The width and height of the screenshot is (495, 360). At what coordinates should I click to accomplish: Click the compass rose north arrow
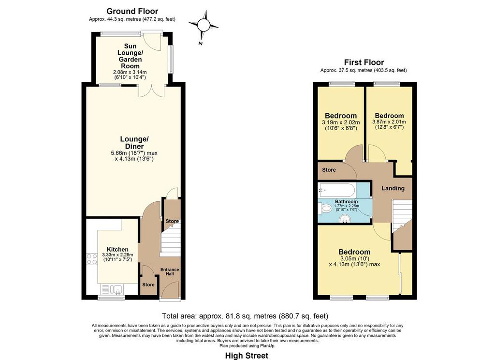coord(204,24)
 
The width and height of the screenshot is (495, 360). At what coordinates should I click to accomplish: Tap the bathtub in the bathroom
coord(337,190)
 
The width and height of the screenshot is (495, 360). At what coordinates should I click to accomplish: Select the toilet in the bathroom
coord(324,209)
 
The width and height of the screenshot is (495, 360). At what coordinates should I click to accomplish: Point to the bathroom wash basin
coord(346,219)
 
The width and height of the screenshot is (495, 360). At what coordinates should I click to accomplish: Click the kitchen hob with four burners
coord(92,259)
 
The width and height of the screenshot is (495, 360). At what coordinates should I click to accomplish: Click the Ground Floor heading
coord(132,12)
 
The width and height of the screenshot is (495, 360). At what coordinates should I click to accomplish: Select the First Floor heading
coord(364,62)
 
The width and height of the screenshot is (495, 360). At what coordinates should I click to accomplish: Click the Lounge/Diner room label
coord(134,143)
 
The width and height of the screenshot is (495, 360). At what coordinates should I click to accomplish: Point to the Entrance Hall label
coord(170,271)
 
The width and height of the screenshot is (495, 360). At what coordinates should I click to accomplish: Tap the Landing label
coord(393,188)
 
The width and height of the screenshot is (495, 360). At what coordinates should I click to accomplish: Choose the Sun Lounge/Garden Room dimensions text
coord(130,75)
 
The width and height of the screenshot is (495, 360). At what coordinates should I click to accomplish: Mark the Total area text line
coord(245,316)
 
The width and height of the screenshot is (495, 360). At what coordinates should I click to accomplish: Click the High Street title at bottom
coord(247,356)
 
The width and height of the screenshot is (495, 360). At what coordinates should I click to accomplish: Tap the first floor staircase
coord(402,221)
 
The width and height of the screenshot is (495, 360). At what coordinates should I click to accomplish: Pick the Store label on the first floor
coord(329,170)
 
